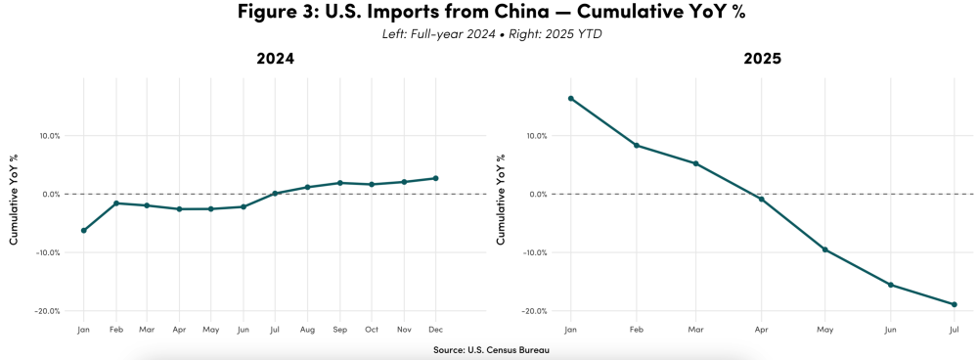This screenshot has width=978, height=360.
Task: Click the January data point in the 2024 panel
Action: pyautogui.click(x=84, y=231)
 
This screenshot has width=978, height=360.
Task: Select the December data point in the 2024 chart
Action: pyautogui.click(x=435, y=178)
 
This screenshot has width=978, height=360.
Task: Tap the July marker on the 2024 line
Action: pyautogui.click(x=275, y=194)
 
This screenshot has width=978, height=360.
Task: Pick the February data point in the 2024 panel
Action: pyautogui.click(x=116, y=203)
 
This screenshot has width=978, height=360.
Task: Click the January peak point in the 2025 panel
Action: pyautogui.click(x=571, y=99)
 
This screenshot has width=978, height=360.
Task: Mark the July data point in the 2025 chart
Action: pyautogui.click(x=954, y=304)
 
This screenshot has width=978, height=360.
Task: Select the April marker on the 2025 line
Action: pyautogui.click(x=762, y=200)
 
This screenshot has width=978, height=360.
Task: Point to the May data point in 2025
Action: pyautogui.click(x=825, y=249)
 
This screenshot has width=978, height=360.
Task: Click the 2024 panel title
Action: pyautogui.click(x=275, y=60)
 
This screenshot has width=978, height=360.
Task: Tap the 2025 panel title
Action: pyautogui.click(x=762, y=60)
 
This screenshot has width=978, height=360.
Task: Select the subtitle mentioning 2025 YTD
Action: pyautogui.click(x=488, y=35)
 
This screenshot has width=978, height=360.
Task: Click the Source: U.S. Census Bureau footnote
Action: pyautogui.click(x=488, y=349)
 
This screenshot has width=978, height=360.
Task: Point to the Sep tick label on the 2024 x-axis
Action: pyautogui.click(x=339, y=330)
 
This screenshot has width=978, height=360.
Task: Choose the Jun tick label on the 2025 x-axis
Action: pyautogui.click(x=889, y=330)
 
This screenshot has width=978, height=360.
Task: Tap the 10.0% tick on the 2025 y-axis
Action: pyautogui.click(x=538, y=136)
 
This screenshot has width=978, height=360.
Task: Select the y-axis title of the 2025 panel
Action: pyautogui.click(x=501, y=198)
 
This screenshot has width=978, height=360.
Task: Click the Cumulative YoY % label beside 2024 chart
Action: pyautogui.click(x=13, y=198)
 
